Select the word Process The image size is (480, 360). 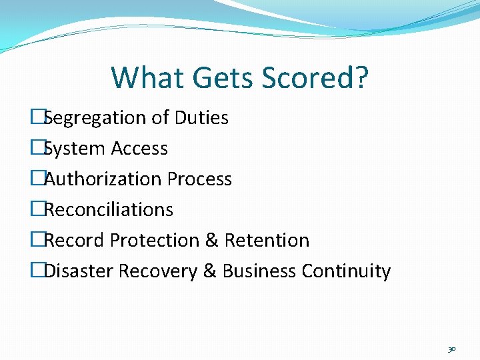(x=199, y=179)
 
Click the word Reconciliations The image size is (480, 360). (x=108, y=210)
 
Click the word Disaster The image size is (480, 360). (x=78, y=271)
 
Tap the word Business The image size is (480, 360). (x=259, y=271)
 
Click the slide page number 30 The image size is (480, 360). (x=451, y=349)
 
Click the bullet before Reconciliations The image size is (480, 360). (x=37, y=210)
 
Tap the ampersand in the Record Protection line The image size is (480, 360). (x=212, y=240)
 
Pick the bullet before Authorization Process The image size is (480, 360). (x=37, y=179)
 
